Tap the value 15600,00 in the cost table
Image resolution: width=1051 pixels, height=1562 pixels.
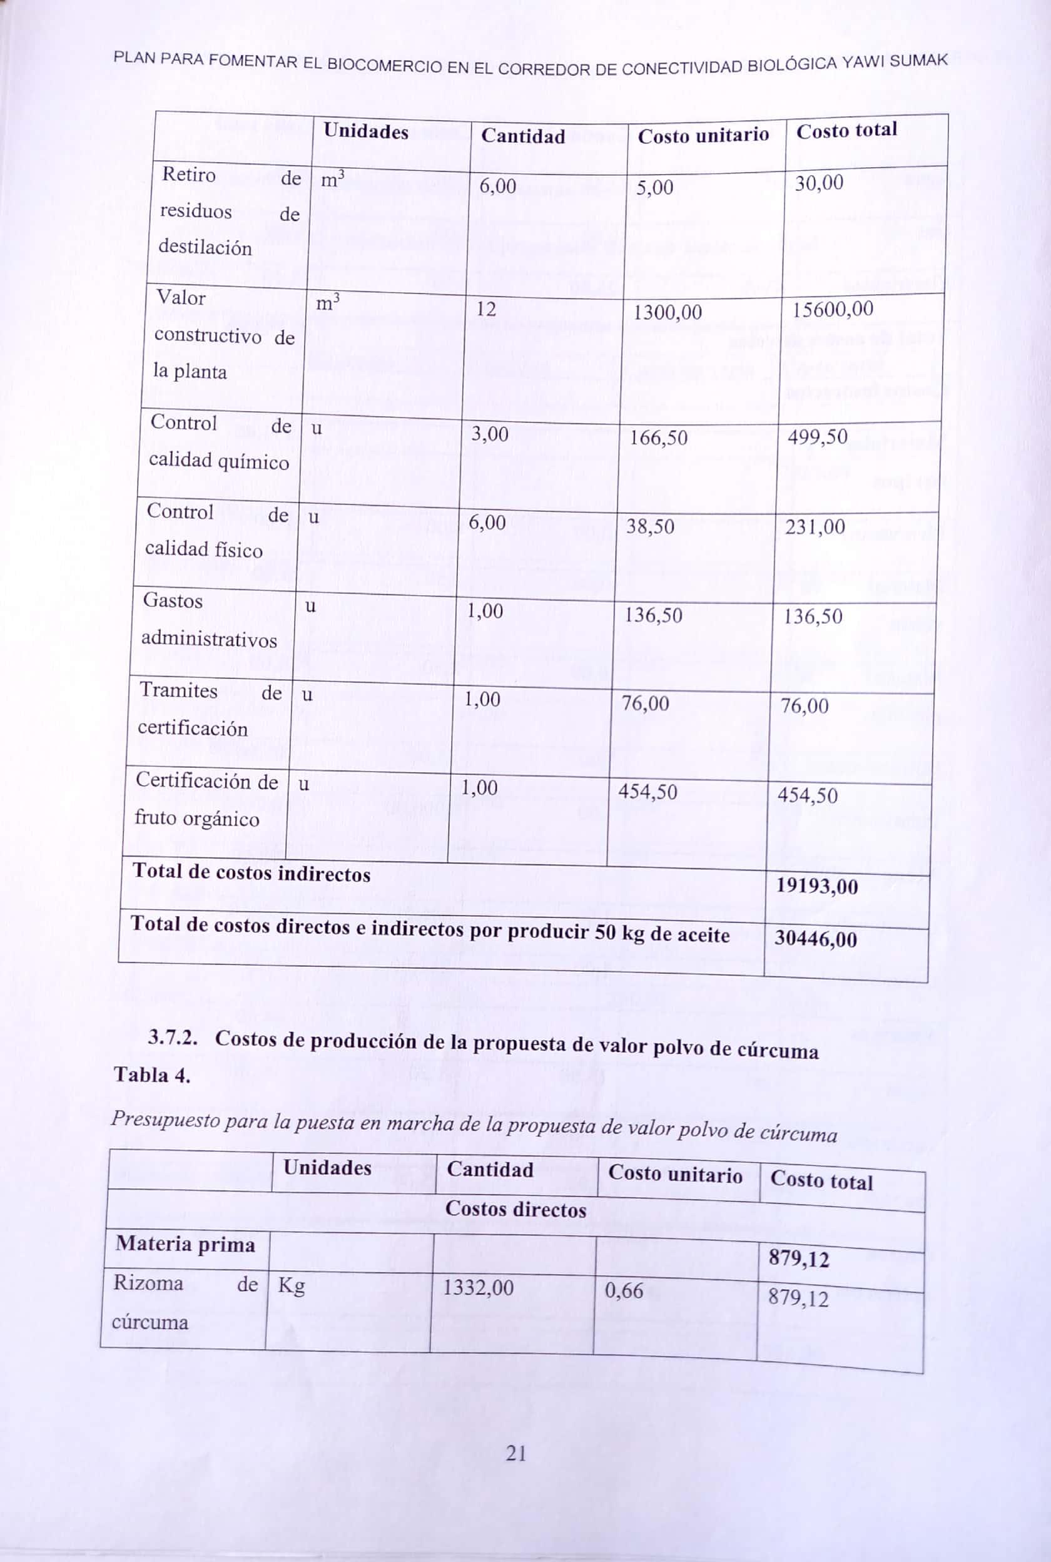(833, 310)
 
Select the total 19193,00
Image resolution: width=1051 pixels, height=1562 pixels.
(816, 886)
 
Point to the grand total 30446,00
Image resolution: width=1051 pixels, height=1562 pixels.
(815, 939)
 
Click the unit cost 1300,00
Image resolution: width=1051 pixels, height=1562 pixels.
(668, 312)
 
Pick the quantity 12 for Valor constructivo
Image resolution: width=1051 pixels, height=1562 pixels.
(486, 309)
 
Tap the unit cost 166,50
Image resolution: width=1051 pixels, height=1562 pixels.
(658, 438)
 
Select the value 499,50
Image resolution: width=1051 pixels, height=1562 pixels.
(817, 437)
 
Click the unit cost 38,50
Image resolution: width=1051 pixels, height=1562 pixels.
(650, 526)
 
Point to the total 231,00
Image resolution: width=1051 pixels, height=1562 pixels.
(815, 527)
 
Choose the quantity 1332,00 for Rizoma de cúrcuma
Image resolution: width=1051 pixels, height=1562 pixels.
(478, 1287)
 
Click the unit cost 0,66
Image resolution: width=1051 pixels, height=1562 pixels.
(623, 1290)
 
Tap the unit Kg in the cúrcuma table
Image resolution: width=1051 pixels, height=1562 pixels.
(291, 1285)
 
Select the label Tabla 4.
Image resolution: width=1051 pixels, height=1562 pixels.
(152, 1075)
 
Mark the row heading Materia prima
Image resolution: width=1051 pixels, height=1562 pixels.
(185, 1244)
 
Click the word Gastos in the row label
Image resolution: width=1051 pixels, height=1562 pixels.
(172, 601)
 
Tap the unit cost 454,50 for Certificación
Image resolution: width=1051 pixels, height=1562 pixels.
(647, 792)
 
